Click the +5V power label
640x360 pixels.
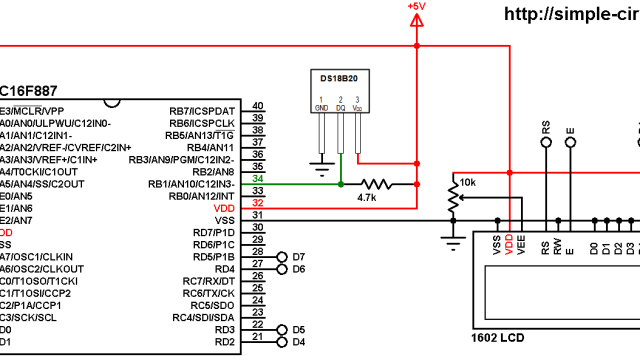(416, 7)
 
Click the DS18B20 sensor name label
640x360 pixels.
(339, 78)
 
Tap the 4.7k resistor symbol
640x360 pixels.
(378, 184)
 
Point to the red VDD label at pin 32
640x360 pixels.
(224, 206)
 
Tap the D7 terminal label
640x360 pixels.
(298, 257)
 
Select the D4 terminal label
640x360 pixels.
(298, 342)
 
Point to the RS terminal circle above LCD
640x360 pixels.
(546, 144)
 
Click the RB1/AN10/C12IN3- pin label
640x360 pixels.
(191, 184)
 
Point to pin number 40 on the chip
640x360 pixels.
(258, 106)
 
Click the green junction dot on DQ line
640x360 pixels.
(341, 184)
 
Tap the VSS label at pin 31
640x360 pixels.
(224, 219)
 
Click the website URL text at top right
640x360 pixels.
(571, 14)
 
